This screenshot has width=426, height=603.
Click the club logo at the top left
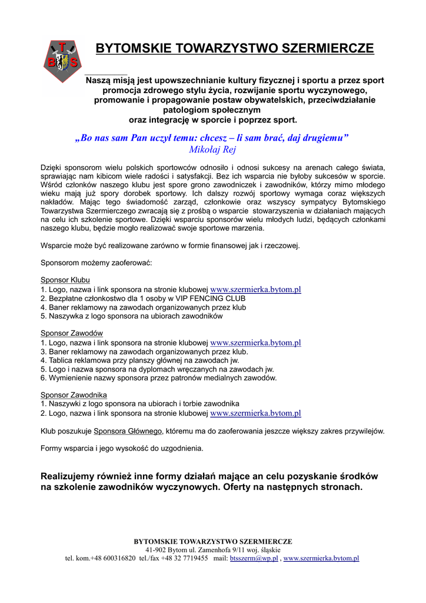(62, 61)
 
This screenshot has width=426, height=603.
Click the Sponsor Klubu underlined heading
(65, 280)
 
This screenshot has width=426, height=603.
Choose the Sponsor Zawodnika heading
(74, 395)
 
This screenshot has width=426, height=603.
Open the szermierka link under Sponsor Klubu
(255, 290)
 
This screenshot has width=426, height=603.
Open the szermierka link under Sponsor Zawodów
(255, 343)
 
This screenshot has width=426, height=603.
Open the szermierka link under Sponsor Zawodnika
(255, 413)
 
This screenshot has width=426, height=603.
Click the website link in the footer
(321, 558)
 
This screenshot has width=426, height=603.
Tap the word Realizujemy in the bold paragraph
(66, 476)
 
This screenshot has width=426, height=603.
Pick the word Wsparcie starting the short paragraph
(56, 246)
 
